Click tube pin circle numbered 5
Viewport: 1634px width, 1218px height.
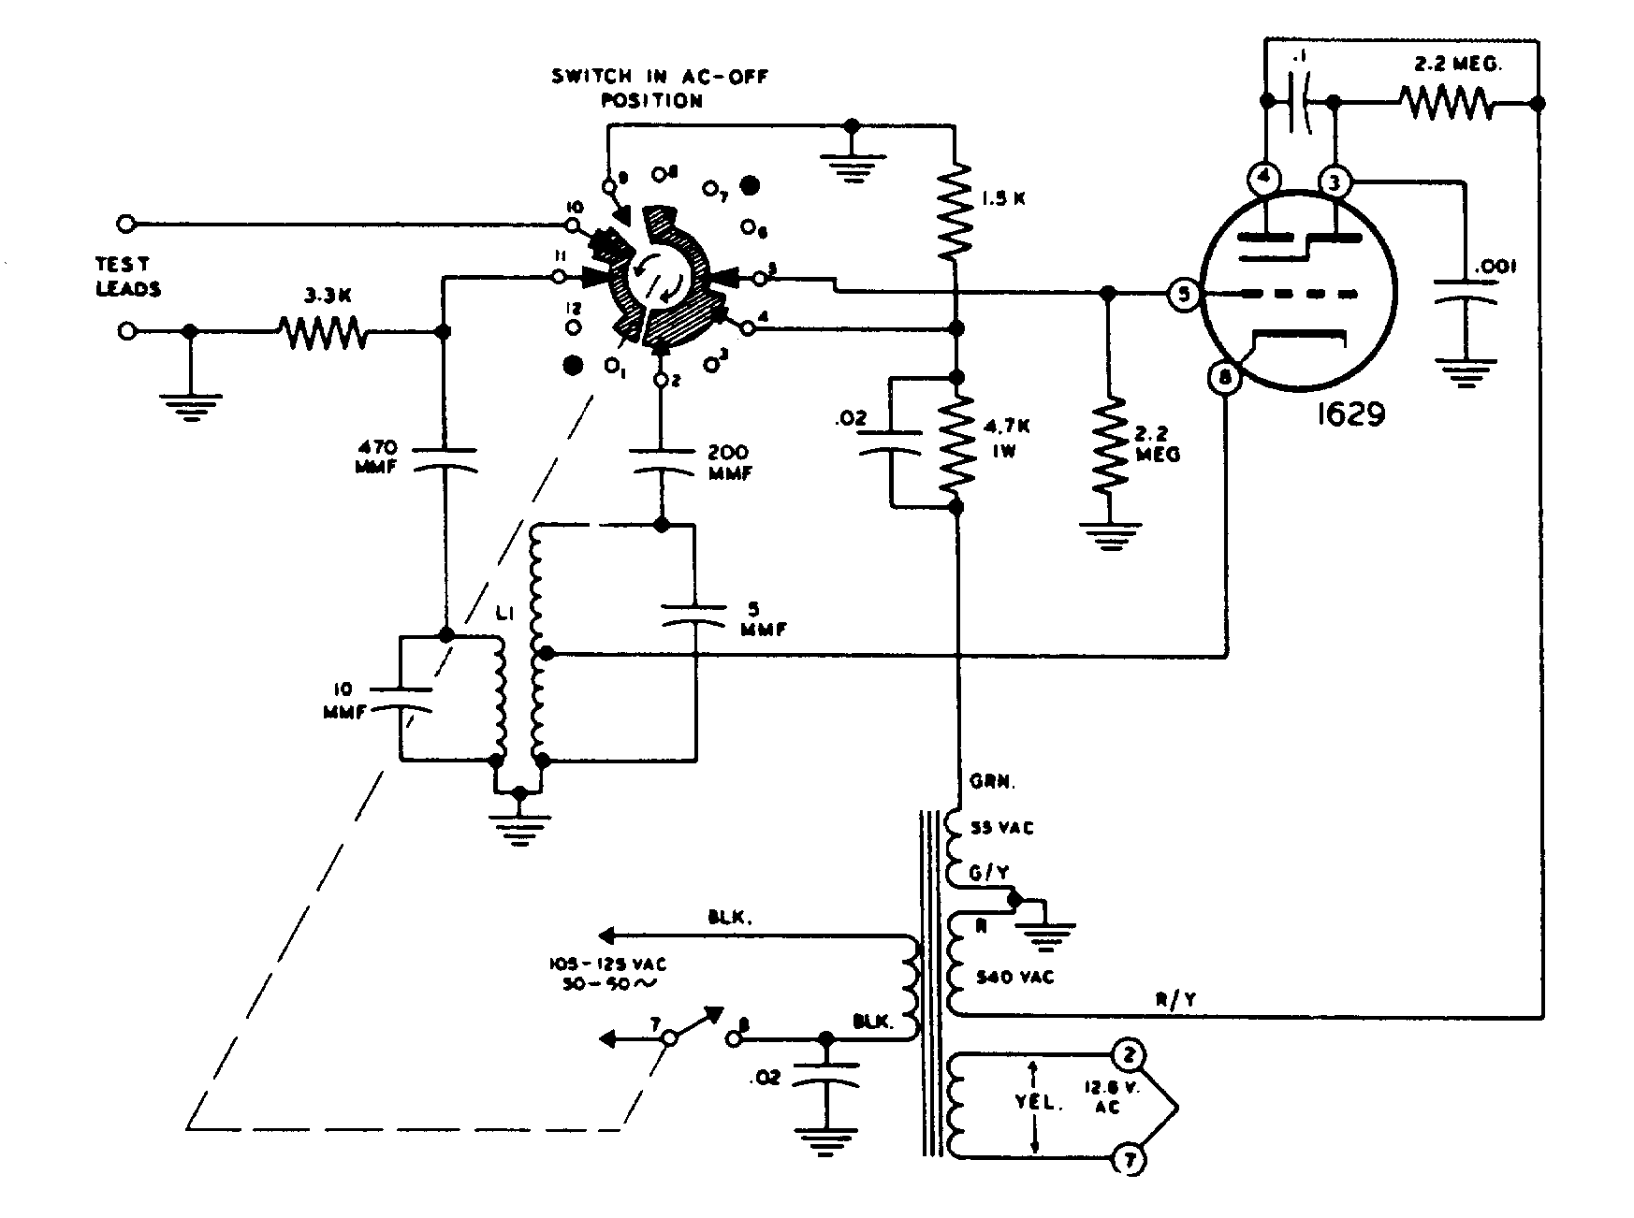point(1184,296)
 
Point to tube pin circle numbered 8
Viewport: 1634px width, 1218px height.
point(1225,378)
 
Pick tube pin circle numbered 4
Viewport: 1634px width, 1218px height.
point(1264,180)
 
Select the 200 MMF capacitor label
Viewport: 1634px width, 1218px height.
point(731,462)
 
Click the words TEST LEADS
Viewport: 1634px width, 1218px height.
point(128,277)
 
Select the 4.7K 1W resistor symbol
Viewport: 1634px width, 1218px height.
point(956,442)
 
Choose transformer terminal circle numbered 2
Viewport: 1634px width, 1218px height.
point(1129,1056)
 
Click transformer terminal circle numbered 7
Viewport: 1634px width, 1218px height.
point(1129,1161)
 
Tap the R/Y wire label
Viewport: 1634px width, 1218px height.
point(1175,1000)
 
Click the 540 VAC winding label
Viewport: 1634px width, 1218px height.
point(1014,977)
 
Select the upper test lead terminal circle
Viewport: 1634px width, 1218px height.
point(127,224)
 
